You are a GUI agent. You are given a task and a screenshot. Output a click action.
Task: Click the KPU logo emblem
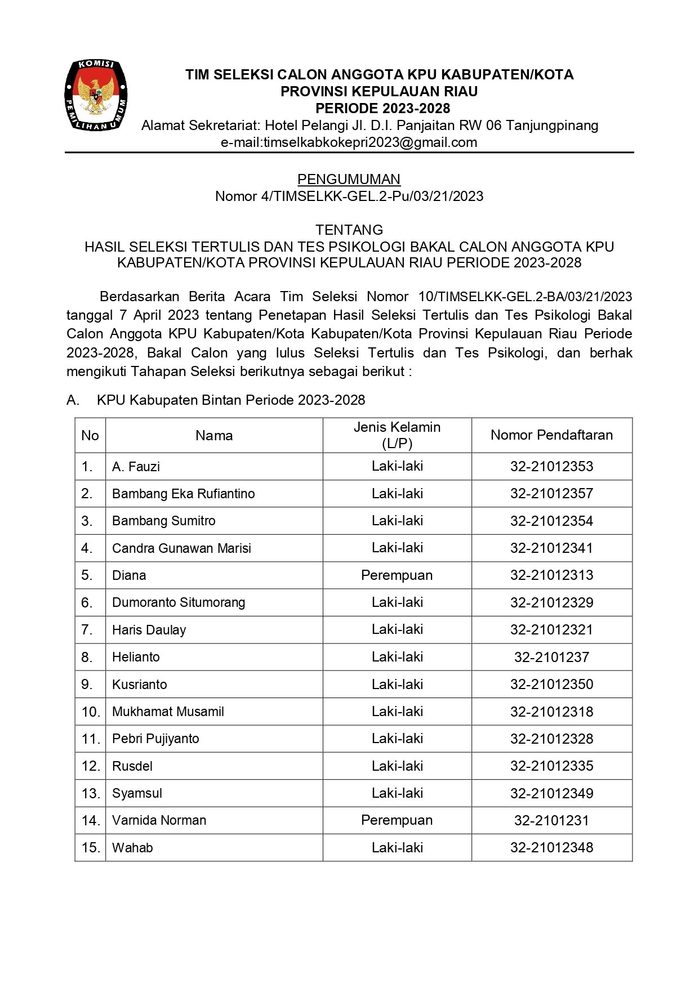(96, 96)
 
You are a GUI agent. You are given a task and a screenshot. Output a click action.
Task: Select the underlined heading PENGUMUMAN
(349, 179)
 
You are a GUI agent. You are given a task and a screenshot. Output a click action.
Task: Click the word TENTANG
(349, 230)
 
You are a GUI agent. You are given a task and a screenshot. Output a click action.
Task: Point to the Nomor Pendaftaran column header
(551, 435)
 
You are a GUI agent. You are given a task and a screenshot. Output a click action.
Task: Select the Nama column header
(214, 435)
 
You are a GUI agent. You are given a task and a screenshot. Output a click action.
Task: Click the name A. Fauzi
(136, 467)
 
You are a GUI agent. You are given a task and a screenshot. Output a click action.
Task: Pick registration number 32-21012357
(551, 494)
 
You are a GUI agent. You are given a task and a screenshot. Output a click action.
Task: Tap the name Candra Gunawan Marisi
(181, 548)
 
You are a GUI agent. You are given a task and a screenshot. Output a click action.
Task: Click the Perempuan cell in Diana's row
(397, 575)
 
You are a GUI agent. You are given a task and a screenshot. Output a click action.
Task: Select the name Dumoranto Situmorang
(179, 602)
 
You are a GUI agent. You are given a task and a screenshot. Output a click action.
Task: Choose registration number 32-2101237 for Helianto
(551, 657)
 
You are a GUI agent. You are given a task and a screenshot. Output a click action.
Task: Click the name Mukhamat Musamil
(168, 712)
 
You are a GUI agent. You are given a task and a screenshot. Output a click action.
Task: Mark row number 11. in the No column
(90, 739)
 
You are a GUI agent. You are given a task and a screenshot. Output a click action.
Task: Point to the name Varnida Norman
(159, 820)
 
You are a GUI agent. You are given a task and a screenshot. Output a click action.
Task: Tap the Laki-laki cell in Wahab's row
(397, 848)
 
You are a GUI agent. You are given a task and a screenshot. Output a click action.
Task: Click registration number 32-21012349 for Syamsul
(551, 793)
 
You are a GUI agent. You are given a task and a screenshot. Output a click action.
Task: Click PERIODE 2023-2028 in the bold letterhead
(382, 108)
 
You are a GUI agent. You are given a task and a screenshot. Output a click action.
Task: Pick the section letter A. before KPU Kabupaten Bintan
(73, 400)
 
